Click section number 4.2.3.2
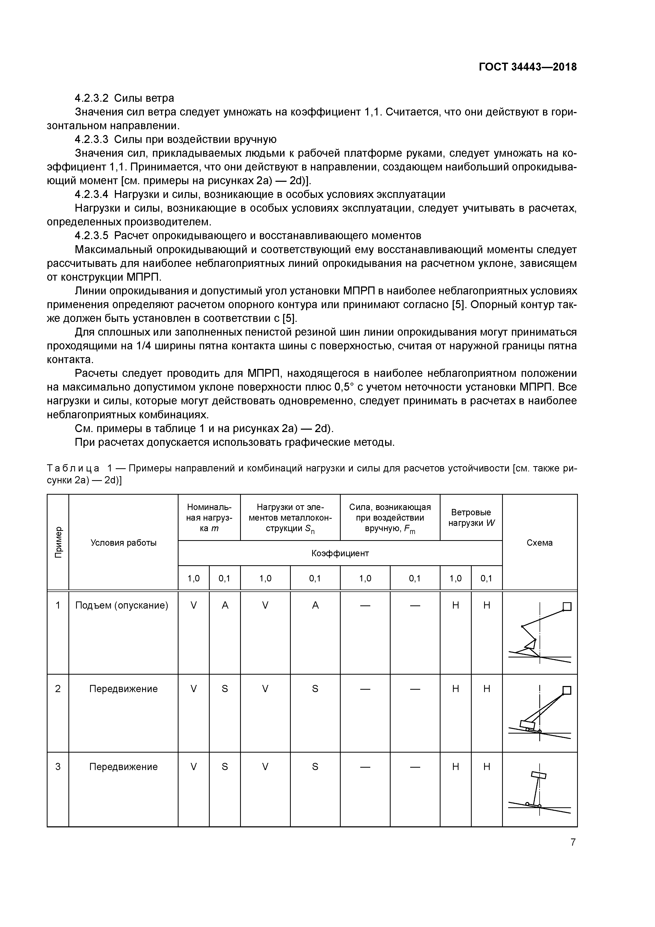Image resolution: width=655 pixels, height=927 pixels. (92, 98)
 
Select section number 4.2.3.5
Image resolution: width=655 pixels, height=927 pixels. (92, 235)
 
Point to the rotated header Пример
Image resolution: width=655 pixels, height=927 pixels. (58, 542)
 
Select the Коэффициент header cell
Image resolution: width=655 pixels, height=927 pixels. (340, 553)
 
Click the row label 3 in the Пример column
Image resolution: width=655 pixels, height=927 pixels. (58, 767)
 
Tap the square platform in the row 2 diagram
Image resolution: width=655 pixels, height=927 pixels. (567, 690)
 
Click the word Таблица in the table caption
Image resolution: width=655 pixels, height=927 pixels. (73, 468)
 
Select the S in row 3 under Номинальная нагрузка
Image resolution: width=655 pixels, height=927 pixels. (225, 767)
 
